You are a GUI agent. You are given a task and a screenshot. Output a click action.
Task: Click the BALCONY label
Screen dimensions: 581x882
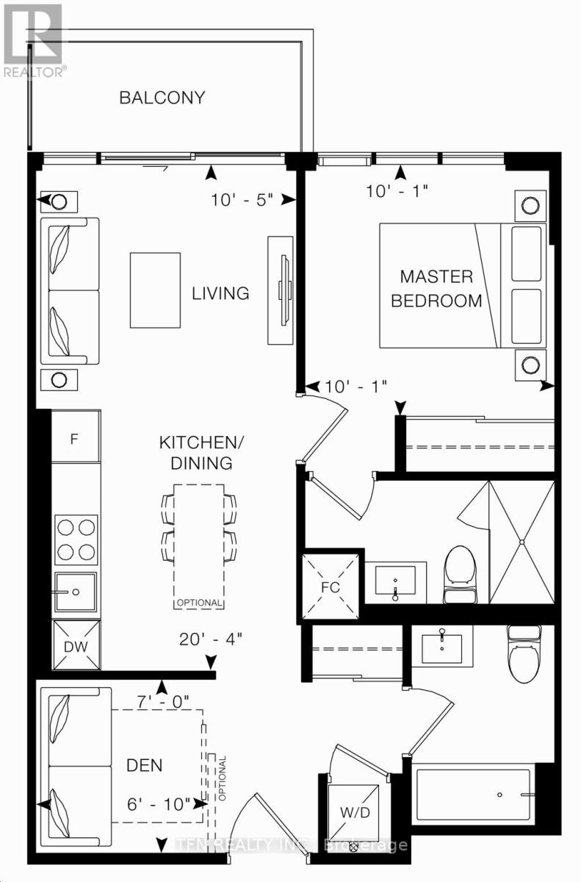[162, 98]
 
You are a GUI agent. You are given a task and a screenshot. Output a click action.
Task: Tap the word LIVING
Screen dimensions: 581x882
[220, 294]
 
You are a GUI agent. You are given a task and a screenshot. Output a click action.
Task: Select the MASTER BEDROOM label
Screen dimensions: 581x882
[436, 289]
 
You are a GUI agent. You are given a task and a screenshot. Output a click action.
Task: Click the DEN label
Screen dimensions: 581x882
[145, 765]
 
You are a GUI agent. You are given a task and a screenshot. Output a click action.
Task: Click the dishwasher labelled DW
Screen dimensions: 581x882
[76, 645]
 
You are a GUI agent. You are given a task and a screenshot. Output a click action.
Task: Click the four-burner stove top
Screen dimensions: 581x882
[76, 539]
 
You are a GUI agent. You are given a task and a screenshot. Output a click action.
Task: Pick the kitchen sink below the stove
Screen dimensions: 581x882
[76, 592]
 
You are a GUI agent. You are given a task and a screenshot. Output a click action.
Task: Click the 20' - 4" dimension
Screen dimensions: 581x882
[211, 639]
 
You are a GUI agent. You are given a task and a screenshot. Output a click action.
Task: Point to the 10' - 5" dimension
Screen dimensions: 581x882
[242, 200]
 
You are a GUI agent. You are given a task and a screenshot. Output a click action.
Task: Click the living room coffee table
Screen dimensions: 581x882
[156, 290]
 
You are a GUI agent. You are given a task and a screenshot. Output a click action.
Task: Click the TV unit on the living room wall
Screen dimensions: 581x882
[281, 290]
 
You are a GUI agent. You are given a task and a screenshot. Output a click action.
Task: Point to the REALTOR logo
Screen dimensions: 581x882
[33, 40]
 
